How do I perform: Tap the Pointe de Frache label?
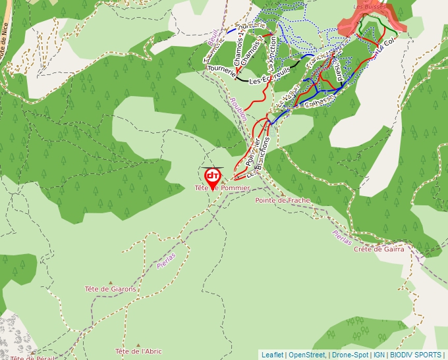[283, 200]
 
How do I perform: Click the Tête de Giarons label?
[111, 289]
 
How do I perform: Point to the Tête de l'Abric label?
[138, 351]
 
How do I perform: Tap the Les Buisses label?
[370, 7]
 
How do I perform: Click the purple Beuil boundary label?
[212, 39]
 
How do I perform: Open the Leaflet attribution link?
[272, 355]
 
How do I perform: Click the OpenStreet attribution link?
[307, 355]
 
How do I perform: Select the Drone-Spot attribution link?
[350, 355]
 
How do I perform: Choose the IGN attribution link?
[379, 355]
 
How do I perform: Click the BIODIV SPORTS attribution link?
[415, 355]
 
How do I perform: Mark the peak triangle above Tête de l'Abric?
[138, 344]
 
